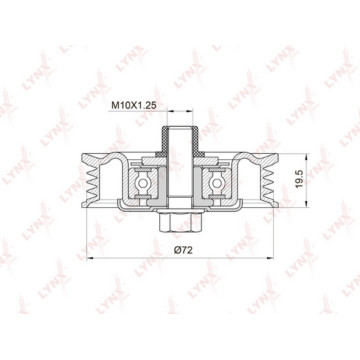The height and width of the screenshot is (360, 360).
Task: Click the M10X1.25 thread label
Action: (x=134, y=105)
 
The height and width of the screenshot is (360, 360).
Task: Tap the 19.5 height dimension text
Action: (x=299, y=178)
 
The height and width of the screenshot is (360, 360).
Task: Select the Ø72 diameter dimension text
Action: (x=183, y=250)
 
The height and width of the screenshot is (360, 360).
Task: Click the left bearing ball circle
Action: (x=143, y=183)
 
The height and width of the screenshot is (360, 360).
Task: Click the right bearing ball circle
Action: (x=217, y=183)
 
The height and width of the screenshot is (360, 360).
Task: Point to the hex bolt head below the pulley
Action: (x=180, y=222)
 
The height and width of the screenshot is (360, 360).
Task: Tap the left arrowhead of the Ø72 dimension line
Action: (x=90, y=258)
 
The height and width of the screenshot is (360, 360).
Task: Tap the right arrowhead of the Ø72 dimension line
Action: (x=270, y=258)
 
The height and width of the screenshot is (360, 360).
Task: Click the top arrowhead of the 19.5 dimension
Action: (x=306, y=157)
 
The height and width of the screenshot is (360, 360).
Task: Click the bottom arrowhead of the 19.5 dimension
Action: (x=306, y=204)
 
